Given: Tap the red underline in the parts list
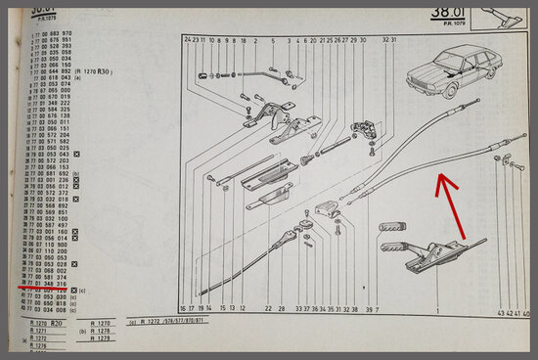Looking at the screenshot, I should click(34, 291).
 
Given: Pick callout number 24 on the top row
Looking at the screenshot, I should click(186, 40).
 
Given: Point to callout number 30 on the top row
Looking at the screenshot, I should click(362, 40).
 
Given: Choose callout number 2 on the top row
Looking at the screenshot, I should click(255, 40).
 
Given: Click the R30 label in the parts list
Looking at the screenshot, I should click(104, 71).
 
